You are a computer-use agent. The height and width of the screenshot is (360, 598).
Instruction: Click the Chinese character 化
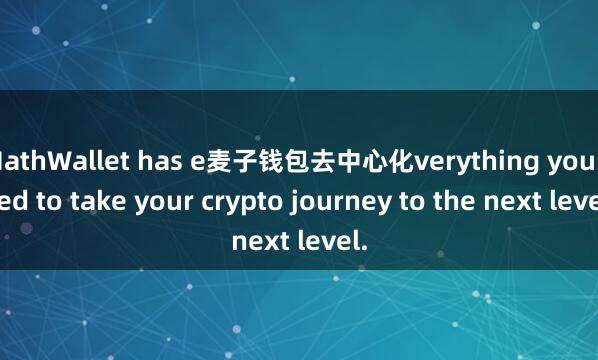(400, 160)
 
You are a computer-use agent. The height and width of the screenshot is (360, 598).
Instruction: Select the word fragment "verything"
(463, 161)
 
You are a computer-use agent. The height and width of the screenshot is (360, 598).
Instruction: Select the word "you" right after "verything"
(556, 161)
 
